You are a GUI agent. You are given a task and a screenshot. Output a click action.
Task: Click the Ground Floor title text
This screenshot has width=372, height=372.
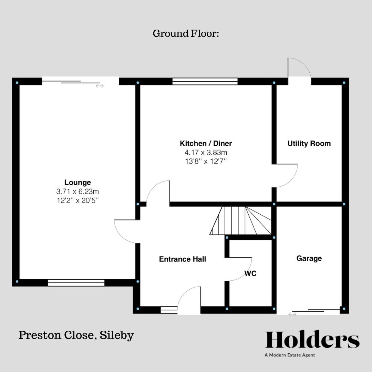186,34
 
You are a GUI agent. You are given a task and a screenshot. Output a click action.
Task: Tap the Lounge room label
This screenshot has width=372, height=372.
77,183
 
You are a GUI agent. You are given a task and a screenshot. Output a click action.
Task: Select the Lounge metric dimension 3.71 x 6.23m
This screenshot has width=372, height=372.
77,192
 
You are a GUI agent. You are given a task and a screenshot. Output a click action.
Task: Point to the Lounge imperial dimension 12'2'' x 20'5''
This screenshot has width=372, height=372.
77,200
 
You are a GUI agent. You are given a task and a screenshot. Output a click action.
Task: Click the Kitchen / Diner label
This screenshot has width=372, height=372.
206,143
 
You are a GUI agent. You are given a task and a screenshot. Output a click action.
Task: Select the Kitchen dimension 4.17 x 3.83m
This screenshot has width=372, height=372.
206,152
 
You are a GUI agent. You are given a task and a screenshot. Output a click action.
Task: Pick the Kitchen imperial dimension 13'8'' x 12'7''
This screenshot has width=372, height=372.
206,161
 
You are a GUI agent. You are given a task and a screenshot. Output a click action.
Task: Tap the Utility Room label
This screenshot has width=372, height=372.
309,144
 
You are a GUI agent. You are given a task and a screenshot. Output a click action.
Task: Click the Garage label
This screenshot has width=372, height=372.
309,258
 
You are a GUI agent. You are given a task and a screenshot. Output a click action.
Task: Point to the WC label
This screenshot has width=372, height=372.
250,274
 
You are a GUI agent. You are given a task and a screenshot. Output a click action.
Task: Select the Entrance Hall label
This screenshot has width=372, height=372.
183,259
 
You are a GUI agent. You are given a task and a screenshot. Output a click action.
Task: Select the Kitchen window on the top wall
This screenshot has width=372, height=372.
205,81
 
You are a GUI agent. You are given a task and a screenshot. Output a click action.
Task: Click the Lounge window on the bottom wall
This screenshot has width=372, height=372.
76,283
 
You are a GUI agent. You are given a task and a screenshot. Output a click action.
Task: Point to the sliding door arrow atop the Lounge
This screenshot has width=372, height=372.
100,86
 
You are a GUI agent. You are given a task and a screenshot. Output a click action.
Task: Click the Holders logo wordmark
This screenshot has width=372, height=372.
312,340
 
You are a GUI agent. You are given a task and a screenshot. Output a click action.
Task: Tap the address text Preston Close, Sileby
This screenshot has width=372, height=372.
76,335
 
